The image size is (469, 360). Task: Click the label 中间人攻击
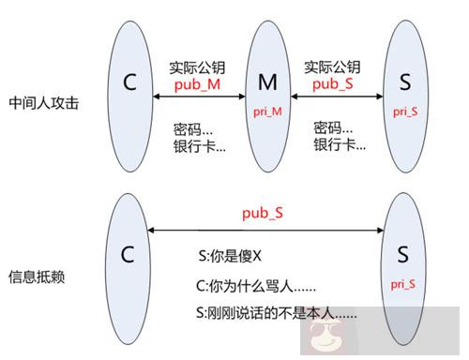tap(38, 101)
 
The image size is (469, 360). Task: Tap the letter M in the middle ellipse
tap(267, 84)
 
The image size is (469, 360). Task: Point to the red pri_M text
tap(268, 111)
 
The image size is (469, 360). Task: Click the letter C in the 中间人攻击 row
tap(130, 82)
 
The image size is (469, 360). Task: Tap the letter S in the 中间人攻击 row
tap(405, 83)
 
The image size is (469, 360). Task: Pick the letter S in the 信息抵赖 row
tap(402, 256)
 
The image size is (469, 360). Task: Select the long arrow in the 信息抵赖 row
tap(265, 229)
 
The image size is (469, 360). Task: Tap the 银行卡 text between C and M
tap(199, 145)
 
